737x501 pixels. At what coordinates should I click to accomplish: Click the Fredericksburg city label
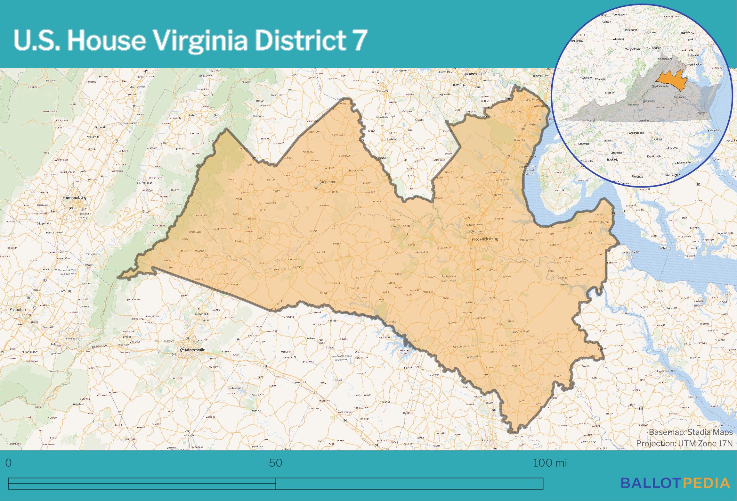click(x=485, y=239)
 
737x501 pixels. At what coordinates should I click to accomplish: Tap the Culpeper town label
click(x=327, y=182)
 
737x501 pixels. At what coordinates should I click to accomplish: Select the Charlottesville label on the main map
click(x=192, y=350)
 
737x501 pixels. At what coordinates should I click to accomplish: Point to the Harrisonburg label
click(x=74, y=198)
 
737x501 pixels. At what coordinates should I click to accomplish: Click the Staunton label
click(x=18, y=310)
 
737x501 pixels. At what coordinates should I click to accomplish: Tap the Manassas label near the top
click(x=474, y=74)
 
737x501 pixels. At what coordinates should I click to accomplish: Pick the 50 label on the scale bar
click(x=275, y=463)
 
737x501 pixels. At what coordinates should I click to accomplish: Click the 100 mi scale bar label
click(x=549, y=463)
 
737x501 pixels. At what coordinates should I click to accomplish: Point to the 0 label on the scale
click(x=8, y=463)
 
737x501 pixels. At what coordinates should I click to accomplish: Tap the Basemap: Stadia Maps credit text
click(x=691, y=432)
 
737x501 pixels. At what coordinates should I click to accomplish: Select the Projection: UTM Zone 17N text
click(x=684, y=444)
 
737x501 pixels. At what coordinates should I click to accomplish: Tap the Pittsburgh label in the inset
click(x=631, y=30)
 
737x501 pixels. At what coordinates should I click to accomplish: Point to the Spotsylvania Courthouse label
click(x=449, y=278)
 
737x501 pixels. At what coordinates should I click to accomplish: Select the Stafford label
click(x=498, y=195)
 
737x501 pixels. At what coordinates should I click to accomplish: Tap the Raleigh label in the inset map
click(x=658, y=139)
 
